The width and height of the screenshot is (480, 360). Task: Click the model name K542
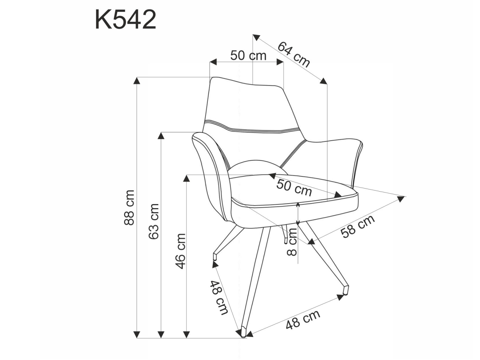click(x=126, y=20)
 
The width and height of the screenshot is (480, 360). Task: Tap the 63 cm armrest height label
click(x=154, y=221)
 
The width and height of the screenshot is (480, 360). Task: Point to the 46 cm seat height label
click(x=181, y=251)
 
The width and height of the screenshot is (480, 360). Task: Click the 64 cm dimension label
click(x=294, y=54)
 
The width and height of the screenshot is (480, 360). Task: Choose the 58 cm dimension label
click(x=358, y=226)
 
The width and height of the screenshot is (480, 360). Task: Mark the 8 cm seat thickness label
click(x=292, y=241)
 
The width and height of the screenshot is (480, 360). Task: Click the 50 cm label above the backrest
click(x=248, y=56)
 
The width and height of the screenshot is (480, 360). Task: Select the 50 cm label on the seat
click(x=294, y=187)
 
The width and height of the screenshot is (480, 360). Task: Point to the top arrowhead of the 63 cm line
click(x=161, y=135)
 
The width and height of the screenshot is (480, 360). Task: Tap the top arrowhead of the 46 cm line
click(x=186, y=178)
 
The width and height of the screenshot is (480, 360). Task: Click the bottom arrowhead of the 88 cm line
click(x=137, y=334)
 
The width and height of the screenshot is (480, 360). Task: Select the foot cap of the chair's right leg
click(x=345, y=290)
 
